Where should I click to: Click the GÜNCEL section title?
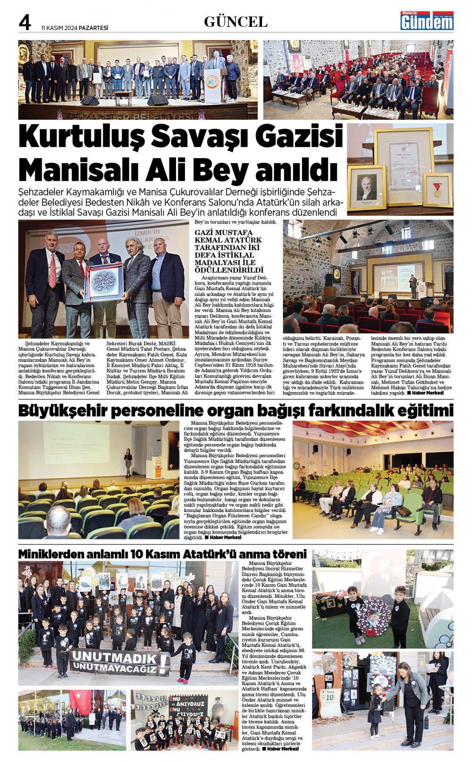(x=236, y=22)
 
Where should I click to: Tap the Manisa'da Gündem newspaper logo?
(x=427, y=21)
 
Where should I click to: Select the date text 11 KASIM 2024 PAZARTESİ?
(x=75, y=28)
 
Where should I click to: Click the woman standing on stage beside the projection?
(x=128, y=462)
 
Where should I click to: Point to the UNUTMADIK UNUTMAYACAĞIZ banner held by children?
(x=119, y=662)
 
